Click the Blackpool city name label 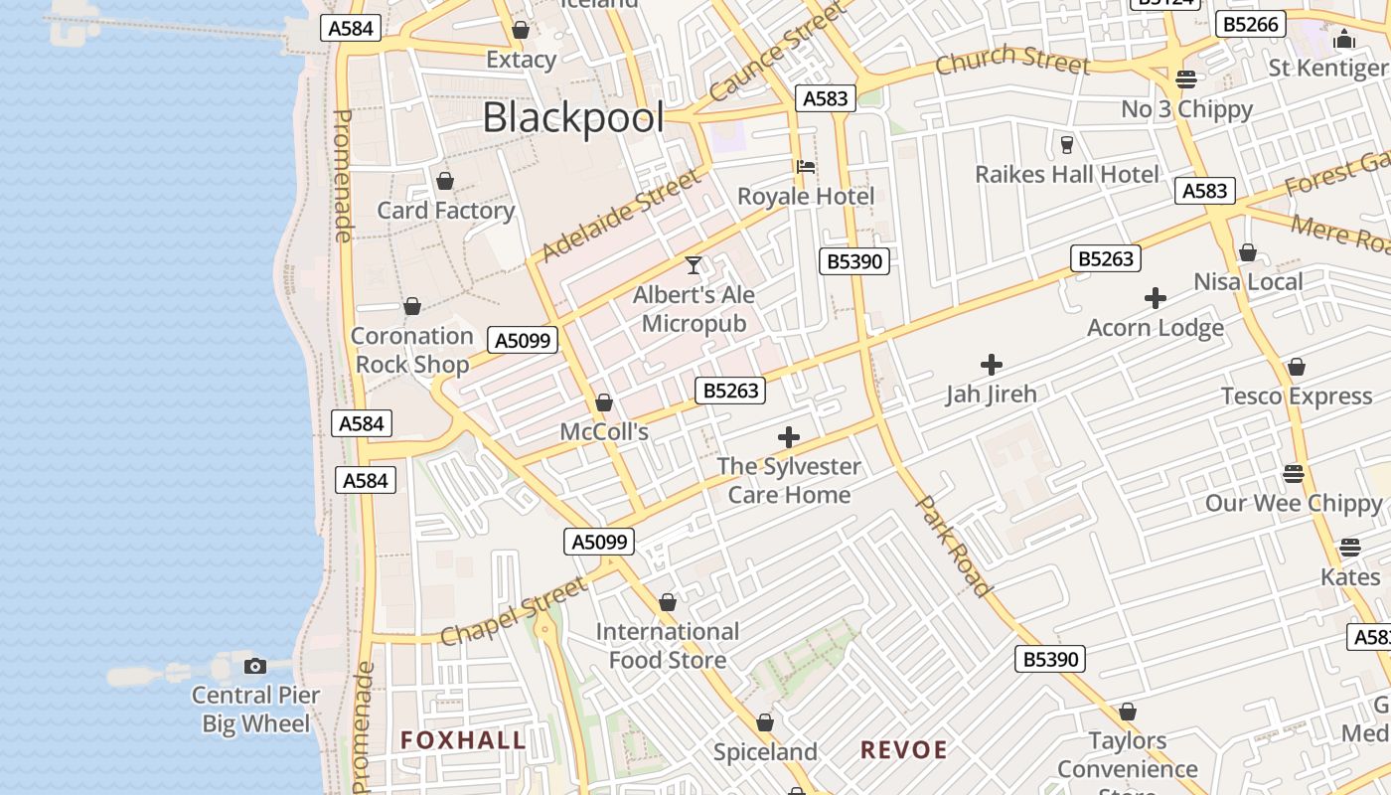(x=573, y=118)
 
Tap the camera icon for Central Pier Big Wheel (x=255, y=666)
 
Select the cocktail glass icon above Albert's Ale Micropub (x=694, y=265)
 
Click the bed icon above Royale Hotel (x=805, y=167)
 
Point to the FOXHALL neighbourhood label (x=463, y=740)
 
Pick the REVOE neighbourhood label (x=903, y=750)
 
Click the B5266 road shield (x=1251, y=25)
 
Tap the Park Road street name (x=953, y=547)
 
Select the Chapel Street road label (x=513, y=613)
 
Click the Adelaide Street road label (x=621, y=215)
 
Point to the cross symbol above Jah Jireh (x=991, y=365)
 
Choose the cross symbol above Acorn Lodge (x=1155, y=298)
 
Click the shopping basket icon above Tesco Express (x=1296, y=368)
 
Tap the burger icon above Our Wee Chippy (x=1293, y=474)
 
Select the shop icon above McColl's (x=603, y=403)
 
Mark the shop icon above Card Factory (x=445, y=181)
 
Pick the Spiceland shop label (x=765, y=752)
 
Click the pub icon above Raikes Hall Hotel (x=1067, y=145)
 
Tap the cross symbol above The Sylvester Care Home (x=789, y=437)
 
